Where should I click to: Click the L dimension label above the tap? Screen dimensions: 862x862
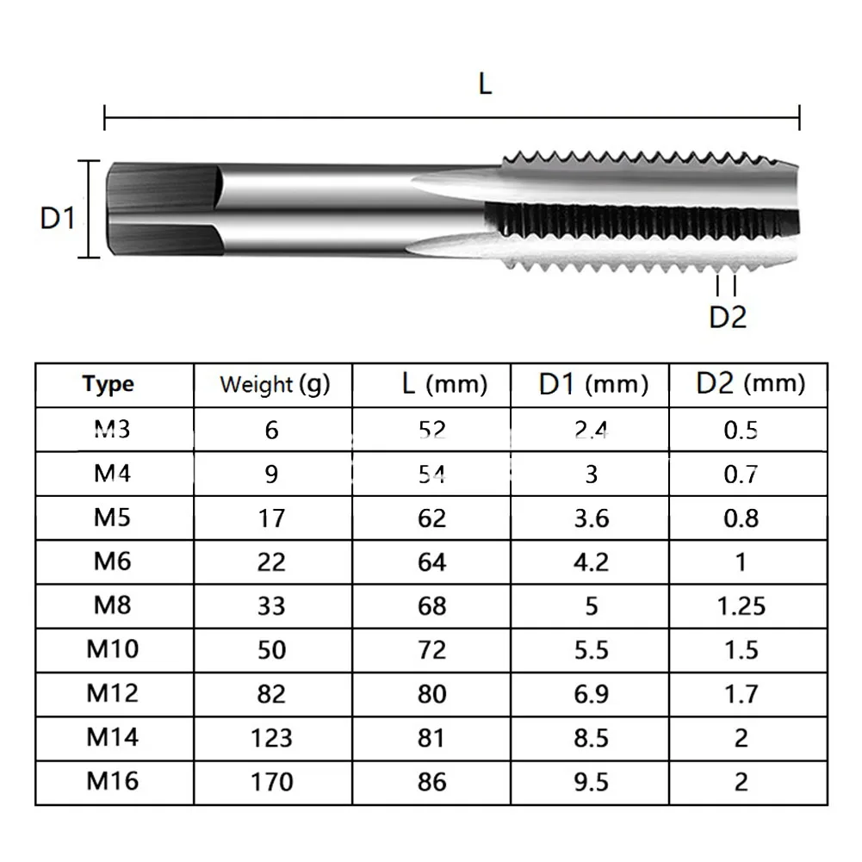485,84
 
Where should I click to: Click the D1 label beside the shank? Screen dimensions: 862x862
59,219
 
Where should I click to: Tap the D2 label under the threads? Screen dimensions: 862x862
727,317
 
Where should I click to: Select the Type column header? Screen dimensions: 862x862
109,384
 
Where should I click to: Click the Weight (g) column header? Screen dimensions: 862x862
274,384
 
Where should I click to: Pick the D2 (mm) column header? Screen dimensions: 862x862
749,383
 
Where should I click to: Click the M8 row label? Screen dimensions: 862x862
112,605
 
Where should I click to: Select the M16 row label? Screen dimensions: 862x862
112,781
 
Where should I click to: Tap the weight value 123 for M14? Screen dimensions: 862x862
272,738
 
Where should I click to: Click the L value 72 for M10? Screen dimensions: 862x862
431,650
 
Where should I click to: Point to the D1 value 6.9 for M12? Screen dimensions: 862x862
591,694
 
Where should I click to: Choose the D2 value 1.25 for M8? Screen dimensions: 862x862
741,605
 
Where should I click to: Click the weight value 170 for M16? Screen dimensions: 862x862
272,782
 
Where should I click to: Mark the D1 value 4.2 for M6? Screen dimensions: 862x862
591,562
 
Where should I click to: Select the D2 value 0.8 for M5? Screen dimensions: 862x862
741,518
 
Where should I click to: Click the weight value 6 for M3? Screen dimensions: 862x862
272,430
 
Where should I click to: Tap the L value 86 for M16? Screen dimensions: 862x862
431,782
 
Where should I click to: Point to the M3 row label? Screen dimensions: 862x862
112,428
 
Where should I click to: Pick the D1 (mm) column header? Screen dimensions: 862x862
592,384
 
